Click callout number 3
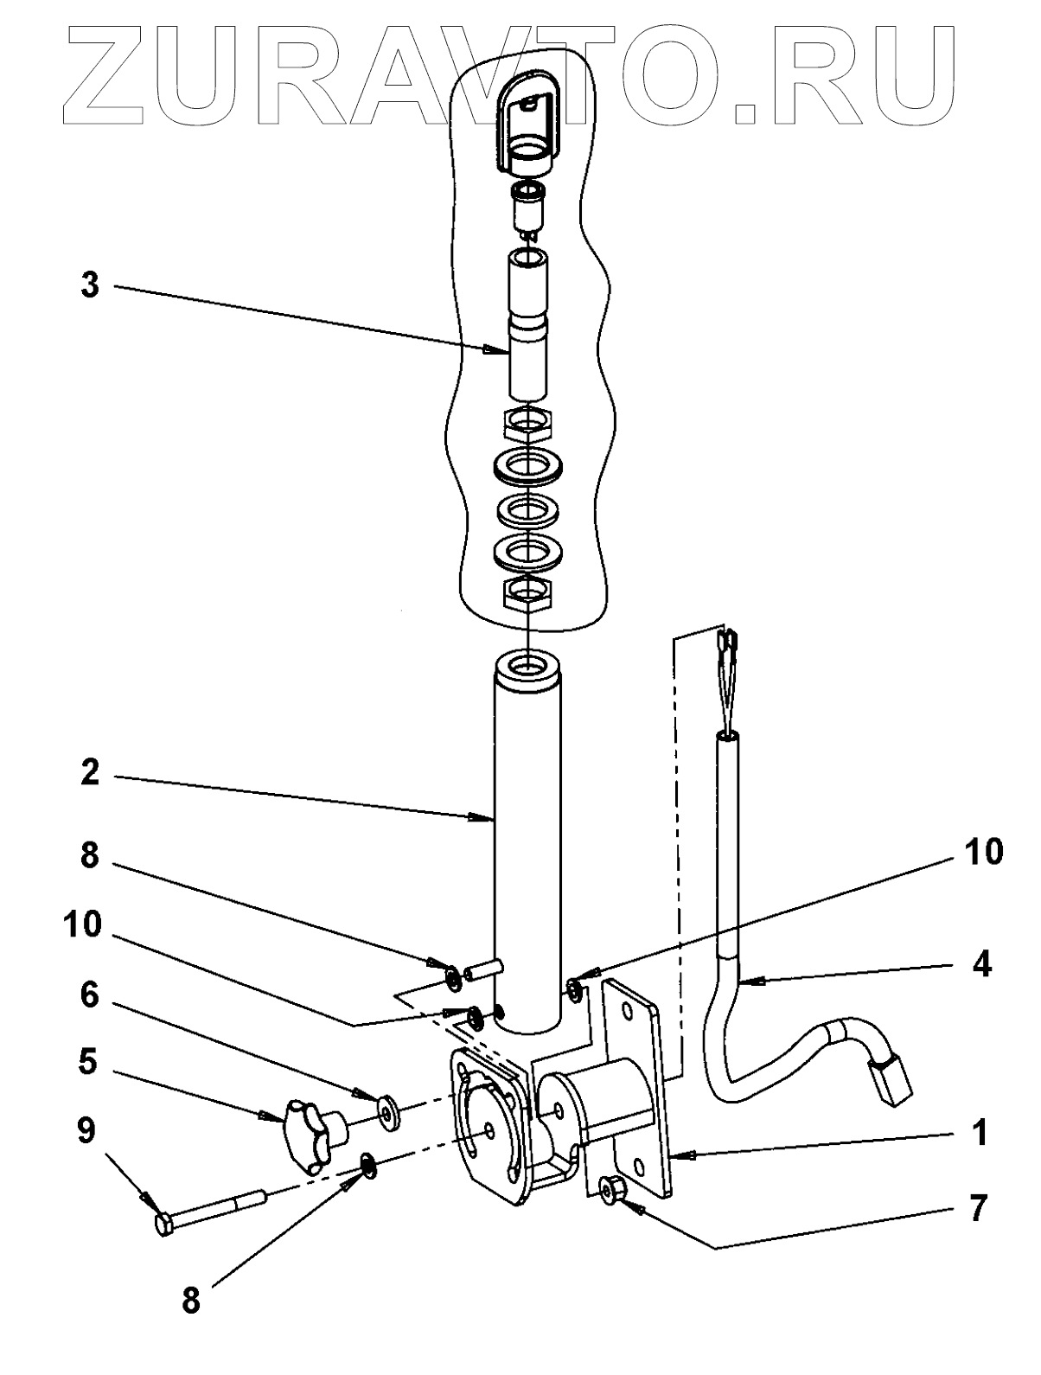point(90,285)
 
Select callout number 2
point(90,772)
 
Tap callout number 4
point(980,963)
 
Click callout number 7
point(976,1208)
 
